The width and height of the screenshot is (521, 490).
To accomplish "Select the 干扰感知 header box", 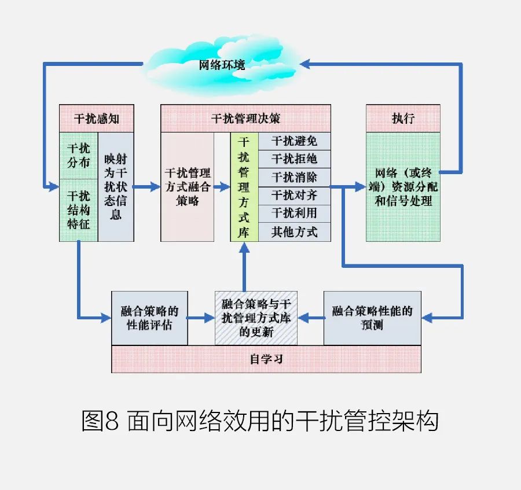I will coord(97,118).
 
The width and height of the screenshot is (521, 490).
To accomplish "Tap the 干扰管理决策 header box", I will coord(245,118).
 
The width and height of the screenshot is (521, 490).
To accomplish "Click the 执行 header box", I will coord(403,118).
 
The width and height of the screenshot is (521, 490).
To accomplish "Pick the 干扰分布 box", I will coord(78,155).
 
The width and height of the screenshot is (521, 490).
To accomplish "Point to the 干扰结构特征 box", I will coord(78,209).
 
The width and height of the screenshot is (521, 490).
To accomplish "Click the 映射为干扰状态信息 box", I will coord(116,186).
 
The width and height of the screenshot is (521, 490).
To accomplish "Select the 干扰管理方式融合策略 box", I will coord(188,186).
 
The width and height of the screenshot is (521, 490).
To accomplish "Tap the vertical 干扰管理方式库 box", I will coord(244,186).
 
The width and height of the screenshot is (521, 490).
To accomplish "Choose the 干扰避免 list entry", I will coord(294,141).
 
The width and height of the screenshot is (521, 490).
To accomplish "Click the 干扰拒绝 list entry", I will coord(294,159).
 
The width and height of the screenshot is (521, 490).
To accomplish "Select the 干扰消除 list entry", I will coord(294,177).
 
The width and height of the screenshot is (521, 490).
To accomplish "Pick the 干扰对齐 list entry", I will coord(294,196).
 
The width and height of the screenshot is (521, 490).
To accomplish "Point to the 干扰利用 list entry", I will coord(294,213).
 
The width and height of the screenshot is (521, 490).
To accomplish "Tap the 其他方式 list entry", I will coord(294,232).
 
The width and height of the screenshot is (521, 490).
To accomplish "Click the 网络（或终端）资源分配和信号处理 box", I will coord(403,186).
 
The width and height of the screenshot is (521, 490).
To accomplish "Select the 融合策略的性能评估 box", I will coord(149,318).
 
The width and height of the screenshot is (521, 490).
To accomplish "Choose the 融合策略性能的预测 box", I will coord(372,318).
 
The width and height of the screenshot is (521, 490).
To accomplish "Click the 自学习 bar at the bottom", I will coord(266,359).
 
